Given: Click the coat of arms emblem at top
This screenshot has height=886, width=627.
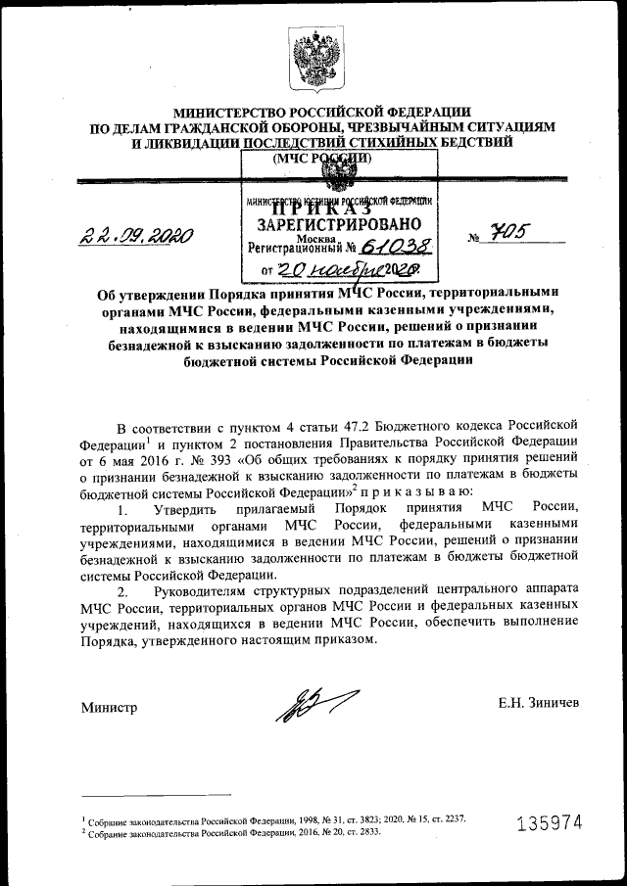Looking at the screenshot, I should pos(313,56).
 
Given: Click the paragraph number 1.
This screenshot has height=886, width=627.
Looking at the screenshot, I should pos(122,509).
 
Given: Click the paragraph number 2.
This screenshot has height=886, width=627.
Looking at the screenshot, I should pos(122,591).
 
